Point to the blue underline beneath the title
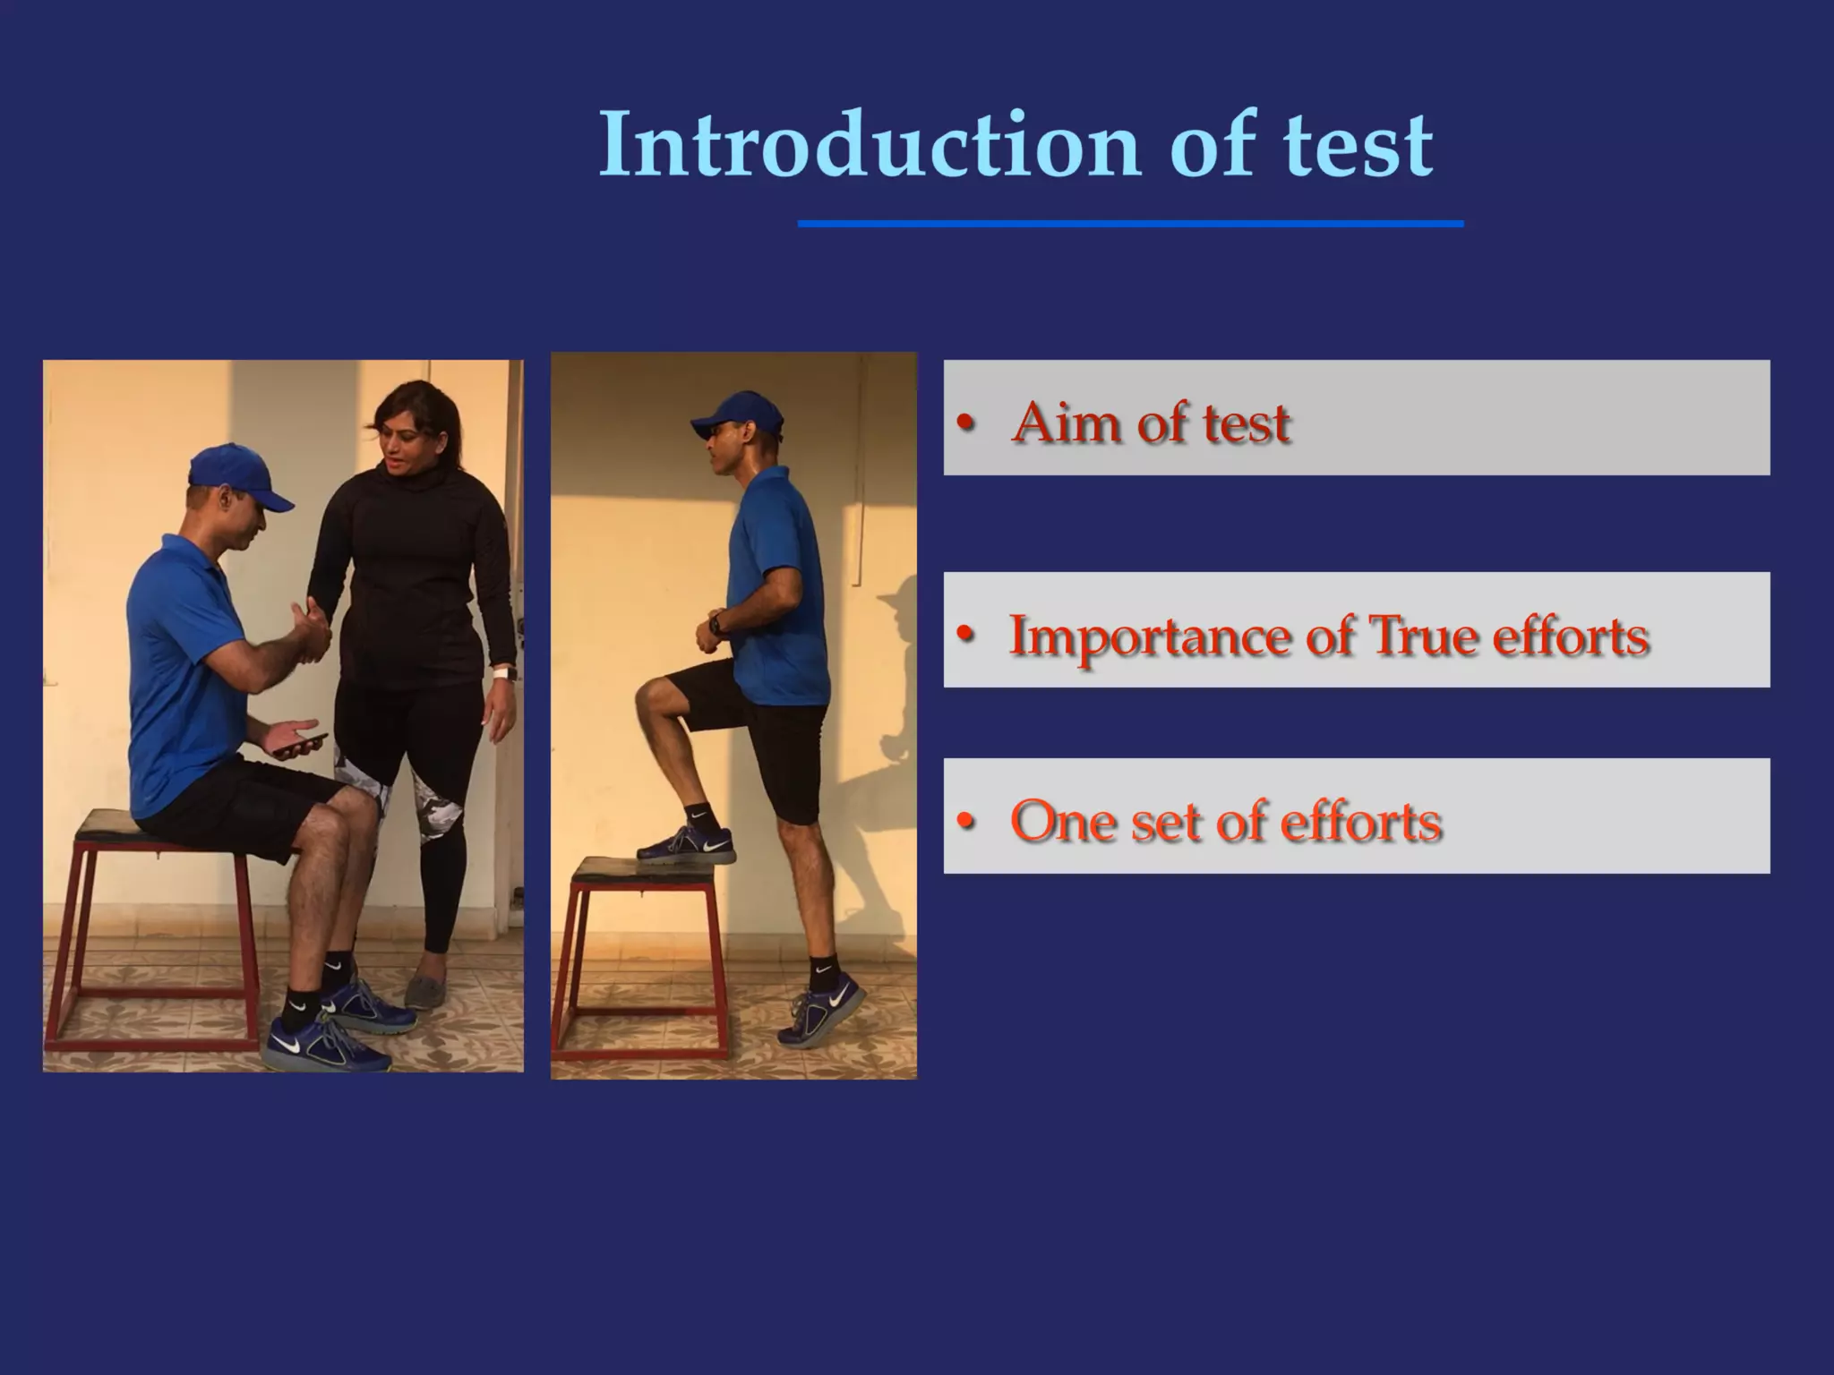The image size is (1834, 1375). click(x=1130, y=224)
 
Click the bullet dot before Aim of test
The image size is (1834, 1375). click(x=964, y=423)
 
